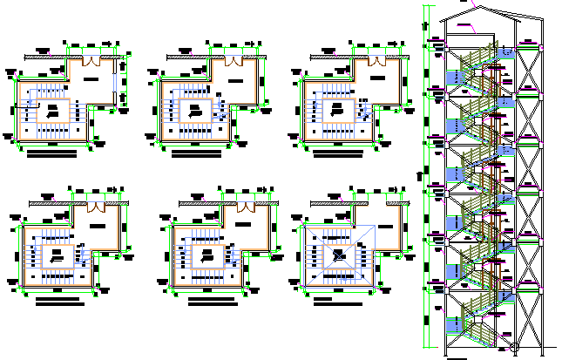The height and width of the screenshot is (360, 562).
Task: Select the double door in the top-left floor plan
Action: [92, 60]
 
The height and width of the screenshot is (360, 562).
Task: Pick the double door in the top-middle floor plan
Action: [234, 62]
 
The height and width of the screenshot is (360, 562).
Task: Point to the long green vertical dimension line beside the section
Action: [424, 174]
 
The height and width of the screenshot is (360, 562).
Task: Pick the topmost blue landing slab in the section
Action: [456, 78]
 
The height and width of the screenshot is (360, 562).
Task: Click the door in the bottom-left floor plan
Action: [95, 208]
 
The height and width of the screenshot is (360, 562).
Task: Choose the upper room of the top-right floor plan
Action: [378, 78]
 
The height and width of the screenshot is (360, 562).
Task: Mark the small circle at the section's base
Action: [513, 350]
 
